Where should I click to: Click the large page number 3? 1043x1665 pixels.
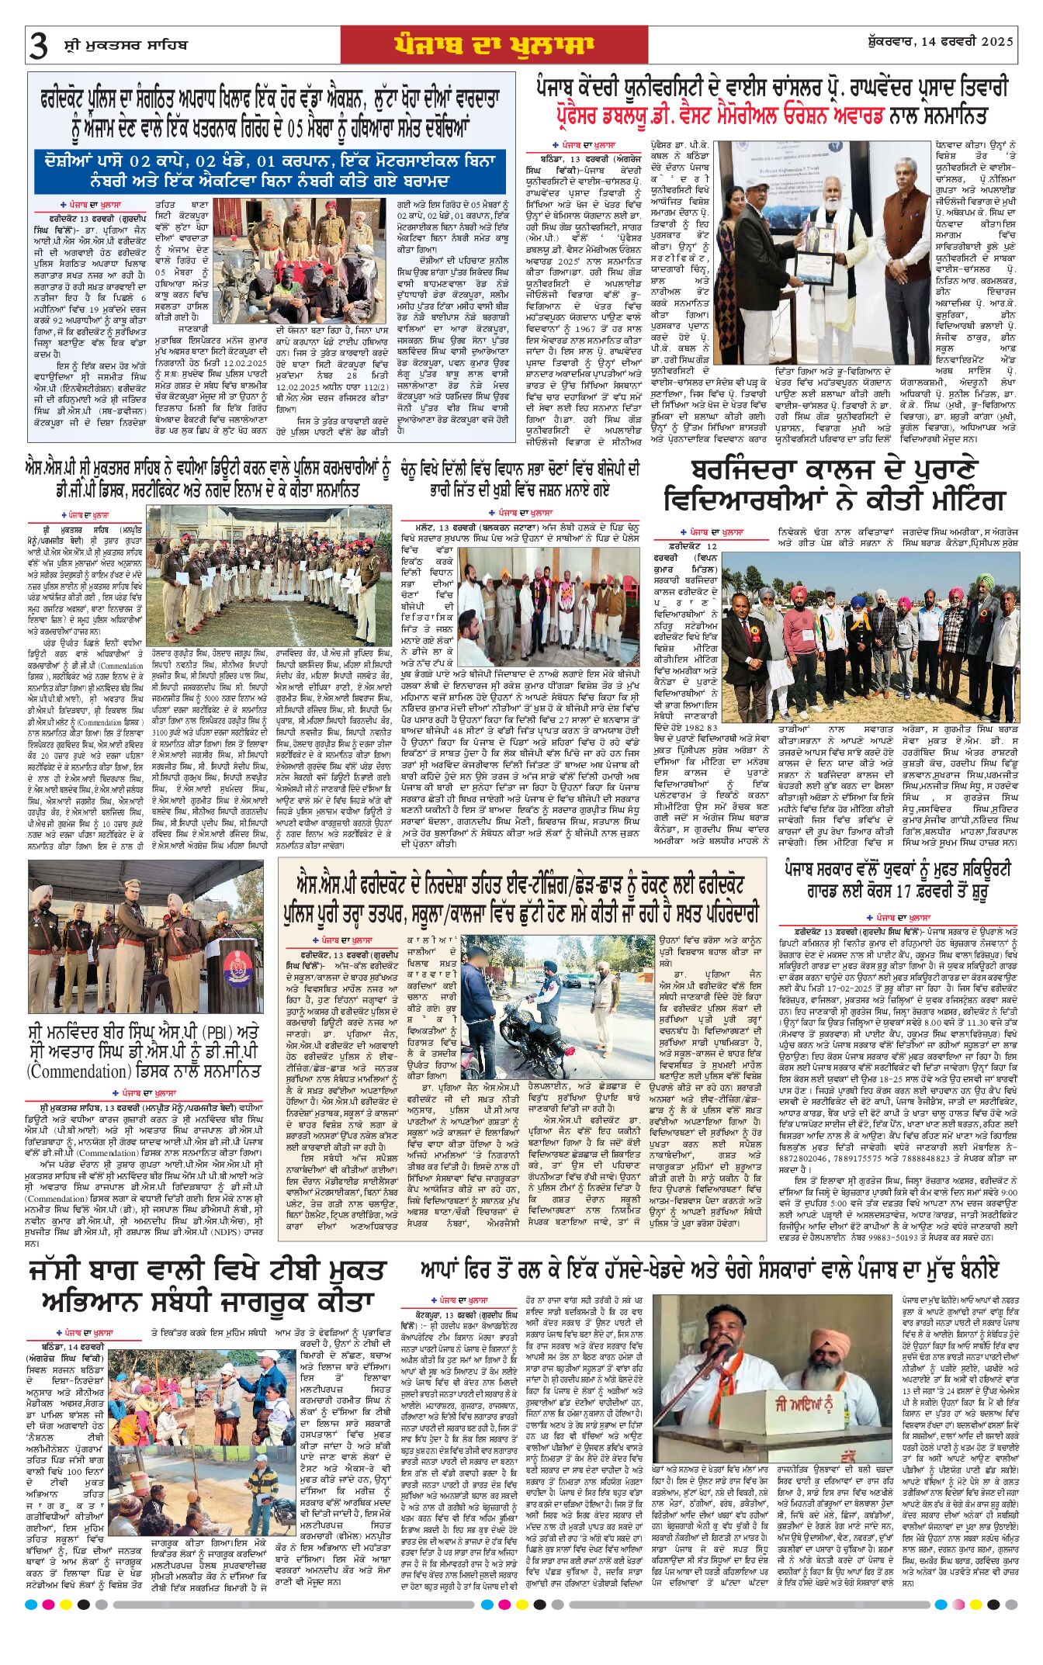[x=39, y=46]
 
